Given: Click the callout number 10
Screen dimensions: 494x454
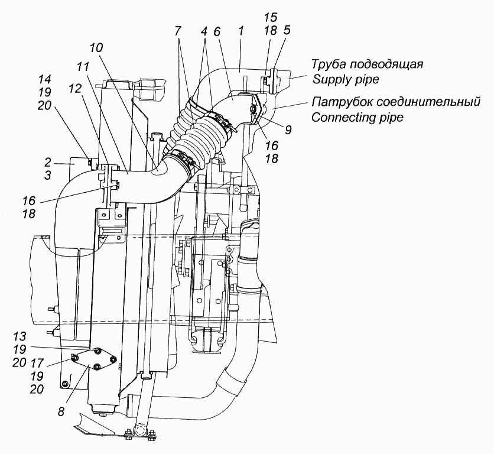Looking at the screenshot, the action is point(96,48).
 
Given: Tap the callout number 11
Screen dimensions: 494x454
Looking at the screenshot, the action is point(83,67).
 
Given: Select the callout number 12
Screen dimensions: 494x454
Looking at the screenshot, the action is point(75,89).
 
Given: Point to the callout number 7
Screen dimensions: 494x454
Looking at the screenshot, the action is point(178,31).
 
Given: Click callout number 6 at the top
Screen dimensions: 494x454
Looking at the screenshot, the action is point(216,31).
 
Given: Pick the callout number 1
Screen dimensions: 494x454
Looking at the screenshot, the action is point(241,31).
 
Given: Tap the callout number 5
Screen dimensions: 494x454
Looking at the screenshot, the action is point(287,30).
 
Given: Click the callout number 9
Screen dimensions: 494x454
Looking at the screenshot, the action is point(288,129).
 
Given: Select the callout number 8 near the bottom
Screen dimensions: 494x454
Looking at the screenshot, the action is point(61,411).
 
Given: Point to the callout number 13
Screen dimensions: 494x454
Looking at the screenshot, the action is point(19,336).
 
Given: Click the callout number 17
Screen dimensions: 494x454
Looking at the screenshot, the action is point(37,363).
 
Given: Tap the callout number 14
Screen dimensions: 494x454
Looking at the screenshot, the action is point(45,79).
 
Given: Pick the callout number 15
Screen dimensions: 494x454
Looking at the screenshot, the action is point(271,17).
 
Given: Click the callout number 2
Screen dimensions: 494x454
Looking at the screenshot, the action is point(48,163).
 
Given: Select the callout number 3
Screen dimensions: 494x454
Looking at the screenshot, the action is point(48,176).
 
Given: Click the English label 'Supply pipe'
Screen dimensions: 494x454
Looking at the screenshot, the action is point(345,79).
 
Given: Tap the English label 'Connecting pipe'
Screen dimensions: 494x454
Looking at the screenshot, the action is point(357,118).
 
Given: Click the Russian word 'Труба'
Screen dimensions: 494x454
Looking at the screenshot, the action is point(329,64).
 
